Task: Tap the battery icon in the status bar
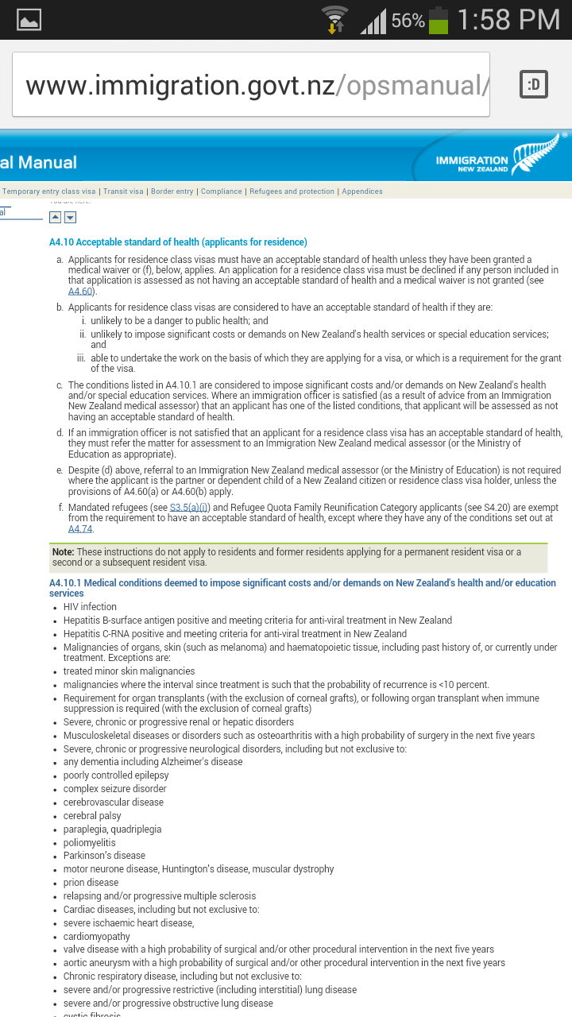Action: (x=439, y=20)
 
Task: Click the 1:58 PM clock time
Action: (x=508, y=20)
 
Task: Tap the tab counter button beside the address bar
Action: (x=534, y=84)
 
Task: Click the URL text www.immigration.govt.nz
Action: (x=180, y=85)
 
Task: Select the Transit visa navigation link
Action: (x=123, y=191)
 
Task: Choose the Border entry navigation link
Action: (x=172, y=191)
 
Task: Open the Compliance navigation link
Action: (x=222, y=191)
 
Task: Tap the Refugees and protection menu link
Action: (x=292, y=191)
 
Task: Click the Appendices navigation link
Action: (x=362, y=191)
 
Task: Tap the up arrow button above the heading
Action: (x=55, y=217)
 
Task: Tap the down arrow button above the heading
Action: (x=70, y=217)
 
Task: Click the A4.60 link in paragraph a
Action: (x=80, y=292)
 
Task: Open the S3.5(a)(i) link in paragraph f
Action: (x=189, y=507)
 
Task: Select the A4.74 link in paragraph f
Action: (x=80, y=529)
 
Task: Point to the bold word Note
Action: (x=63, y=552)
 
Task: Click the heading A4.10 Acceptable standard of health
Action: (x=178, y=242)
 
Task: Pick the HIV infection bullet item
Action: (x=90, y=607)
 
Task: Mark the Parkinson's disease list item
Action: (x=104, y=856)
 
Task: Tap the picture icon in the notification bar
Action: (x=29, y=20)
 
